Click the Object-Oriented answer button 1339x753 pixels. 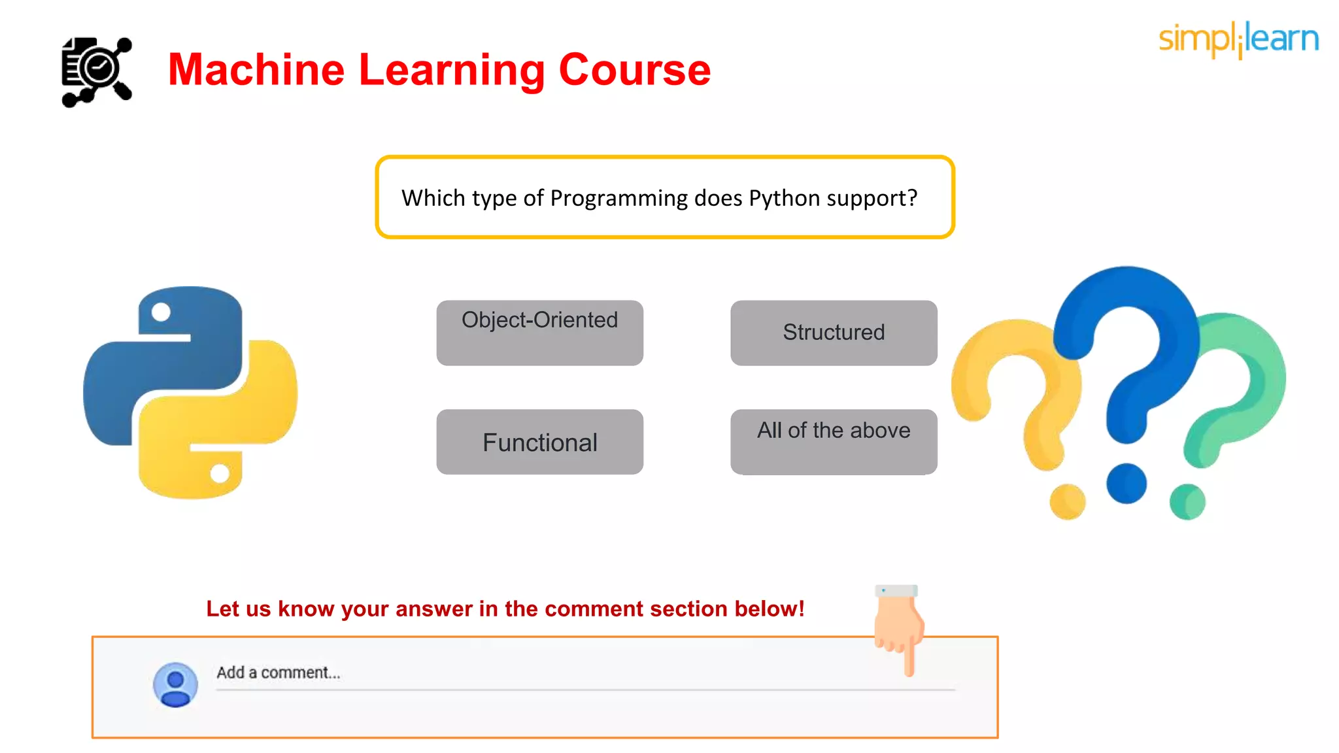pos(539,332)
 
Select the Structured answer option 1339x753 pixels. pos(834,332)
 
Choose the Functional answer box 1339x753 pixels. pos(539,442)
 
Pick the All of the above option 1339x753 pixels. pos(834,442)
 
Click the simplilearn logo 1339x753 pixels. pos(1238,39)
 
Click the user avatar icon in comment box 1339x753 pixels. pos(175,684)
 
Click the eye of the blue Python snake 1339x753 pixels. pos(161,312)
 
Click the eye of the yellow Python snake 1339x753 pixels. pos(220,473)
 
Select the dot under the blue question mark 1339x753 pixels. pos(1126,484)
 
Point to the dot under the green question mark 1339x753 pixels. pos(1187,501)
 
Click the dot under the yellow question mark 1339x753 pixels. pos(1067,501)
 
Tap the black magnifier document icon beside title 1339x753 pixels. pos(97,72)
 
